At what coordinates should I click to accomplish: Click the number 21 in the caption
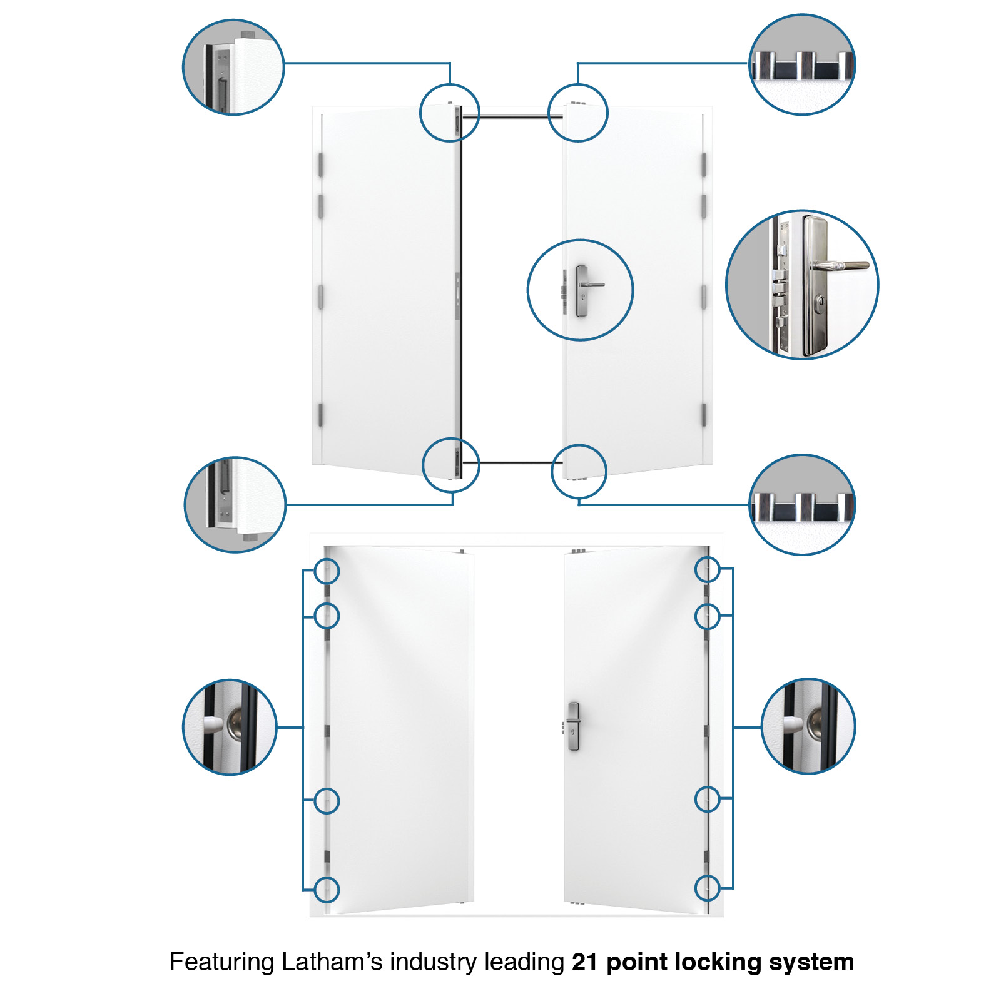pyautogui.click(x=584, y=962)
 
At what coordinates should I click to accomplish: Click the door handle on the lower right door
pyautogui.click(x=574, y=726)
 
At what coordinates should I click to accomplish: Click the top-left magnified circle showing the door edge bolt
pyautogui.click(x=233, y=67)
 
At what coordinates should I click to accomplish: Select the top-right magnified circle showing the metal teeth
pyautogui.click(x=802, y=64)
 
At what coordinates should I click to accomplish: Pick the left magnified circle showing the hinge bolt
pyautogui.click(x=230, y=727)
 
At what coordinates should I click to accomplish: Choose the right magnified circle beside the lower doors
pyautogui.click(x=808, y=726)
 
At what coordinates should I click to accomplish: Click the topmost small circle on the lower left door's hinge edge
pyautogui.click(x=327, y=571)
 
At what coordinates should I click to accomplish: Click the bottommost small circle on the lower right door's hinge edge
pyautogui.click(x=707, y=887)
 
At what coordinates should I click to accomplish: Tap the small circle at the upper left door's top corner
pyautogui.click(x=449, y=113)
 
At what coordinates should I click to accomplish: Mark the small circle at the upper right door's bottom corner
pyautogui.click(x=579, y=471)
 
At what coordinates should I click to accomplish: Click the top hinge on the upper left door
pyautogui.click(x=320, y=164)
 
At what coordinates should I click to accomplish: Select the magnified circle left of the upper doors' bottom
pyautogui.click(x=235, y=504)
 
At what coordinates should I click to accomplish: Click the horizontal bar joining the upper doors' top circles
pyautogui.click(x=514, y=116)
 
